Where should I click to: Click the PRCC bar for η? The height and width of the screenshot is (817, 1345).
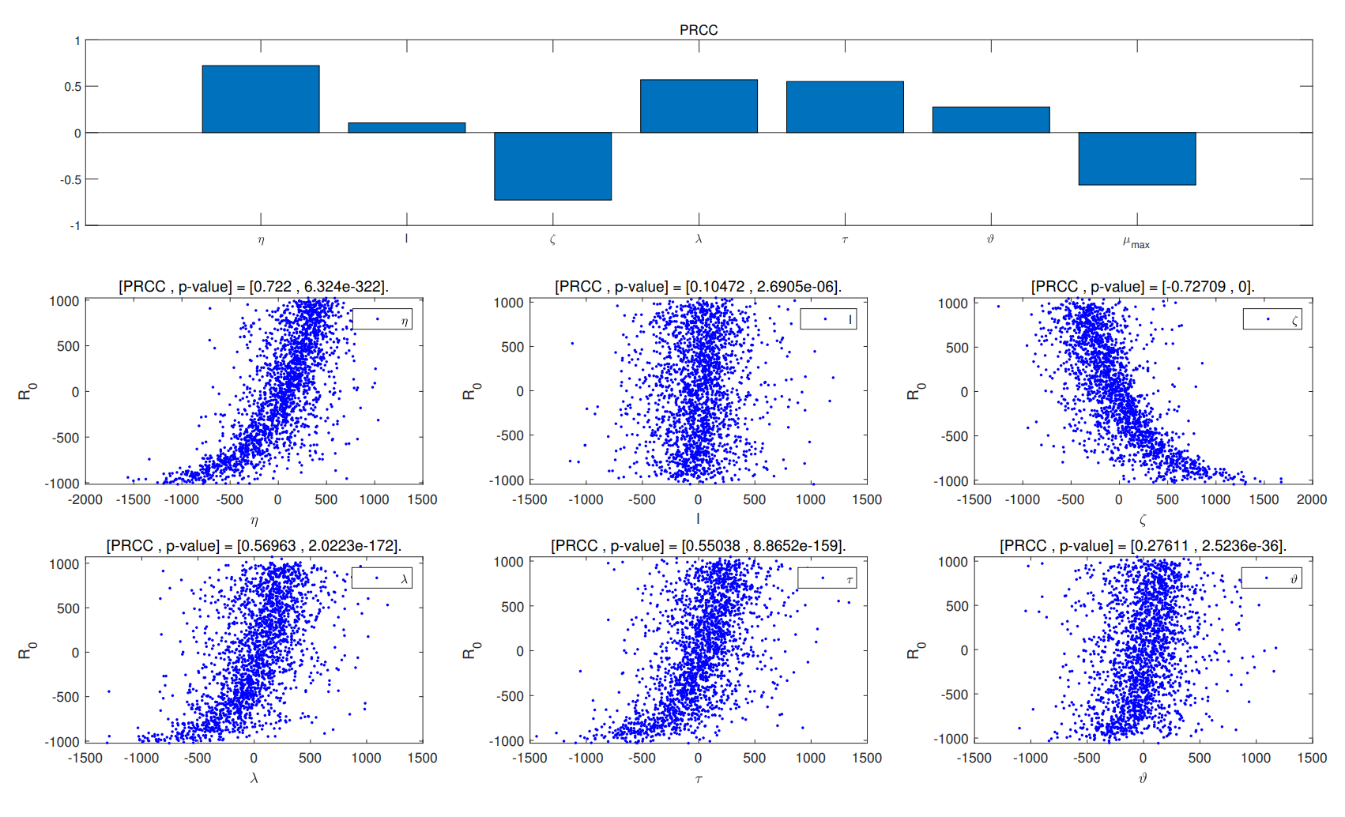[x=261, y=99]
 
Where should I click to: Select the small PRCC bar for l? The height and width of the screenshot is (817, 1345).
[x=407, y=127]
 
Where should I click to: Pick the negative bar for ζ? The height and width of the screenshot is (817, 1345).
[x=552, y=166]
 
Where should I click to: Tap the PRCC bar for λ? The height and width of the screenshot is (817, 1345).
[x=699, y=106]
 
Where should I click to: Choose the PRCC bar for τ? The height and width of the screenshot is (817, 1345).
[x=845, y=107]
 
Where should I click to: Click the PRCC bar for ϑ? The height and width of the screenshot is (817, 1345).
[x=991, y=119]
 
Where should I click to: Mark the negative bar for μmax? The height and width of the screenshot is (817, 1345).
[x=1136, y=158]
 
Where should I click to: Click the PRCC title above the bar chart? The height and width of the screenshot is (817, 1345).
[x=699, y=30]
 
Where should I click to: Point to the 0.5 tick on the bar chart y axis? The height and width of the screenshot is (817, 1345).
[x=73, y=86]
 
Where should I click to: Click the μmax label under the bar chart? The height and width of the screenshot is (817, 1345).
[x=1136, y=243]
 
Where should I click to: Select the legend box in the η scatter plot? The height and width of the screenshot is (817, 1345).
[x=382, y=319]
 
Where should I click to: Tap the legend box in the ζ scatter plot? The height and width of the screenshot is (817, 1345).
[x=1272, y=319]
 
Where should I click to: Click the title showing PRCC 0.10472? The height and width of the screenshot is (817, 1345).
[x=698, y=286]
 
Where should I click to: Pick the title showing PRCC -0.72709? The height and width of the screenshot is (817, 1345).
[x=1143, y=286]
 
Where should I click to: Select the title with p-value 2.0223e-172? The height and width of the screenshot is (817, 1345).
[x=254, y=545]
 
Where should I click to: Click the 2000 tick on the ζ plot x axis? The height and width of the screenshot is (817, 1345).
[x=1311, y=499]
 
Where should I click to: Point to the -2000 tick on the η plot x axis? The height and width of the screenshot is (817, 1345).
[x=85, y=499]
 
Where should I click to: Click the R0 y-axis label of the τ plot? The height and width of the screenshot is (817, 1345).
[x=470, y=650]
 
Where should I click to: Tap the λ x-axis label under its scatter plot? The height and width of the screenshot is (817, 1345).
[x=254, y=778]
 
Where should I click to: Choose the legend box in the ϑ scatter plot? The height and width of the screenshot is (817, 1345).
[x=1271, y=578]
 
